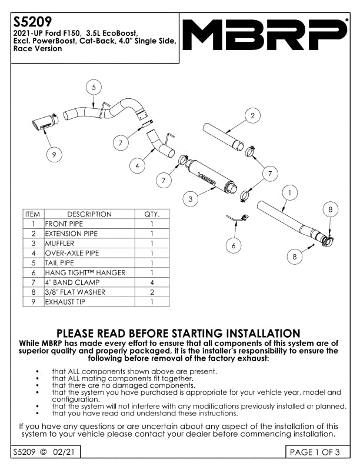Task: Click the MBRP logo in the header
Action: (x=264, y=35)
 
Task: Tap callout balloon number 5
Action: (x=92, y=87)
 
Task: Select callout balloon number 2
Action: (x=252, y=116)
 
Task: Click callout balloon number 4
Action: (x=137, y=166)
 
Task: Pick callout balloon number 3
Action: (x=191, y=199)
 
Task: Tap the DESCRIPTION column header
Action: (x=89, y=214)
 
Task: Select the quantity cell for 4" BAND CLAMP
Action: (x=152, y=282)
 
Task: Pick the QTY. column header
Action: (x=152, y=214)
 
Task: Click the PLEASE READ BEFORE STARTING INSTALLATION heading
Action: (x=178, y=334)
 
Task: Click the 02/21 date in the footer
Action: (x=62, y=452)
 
